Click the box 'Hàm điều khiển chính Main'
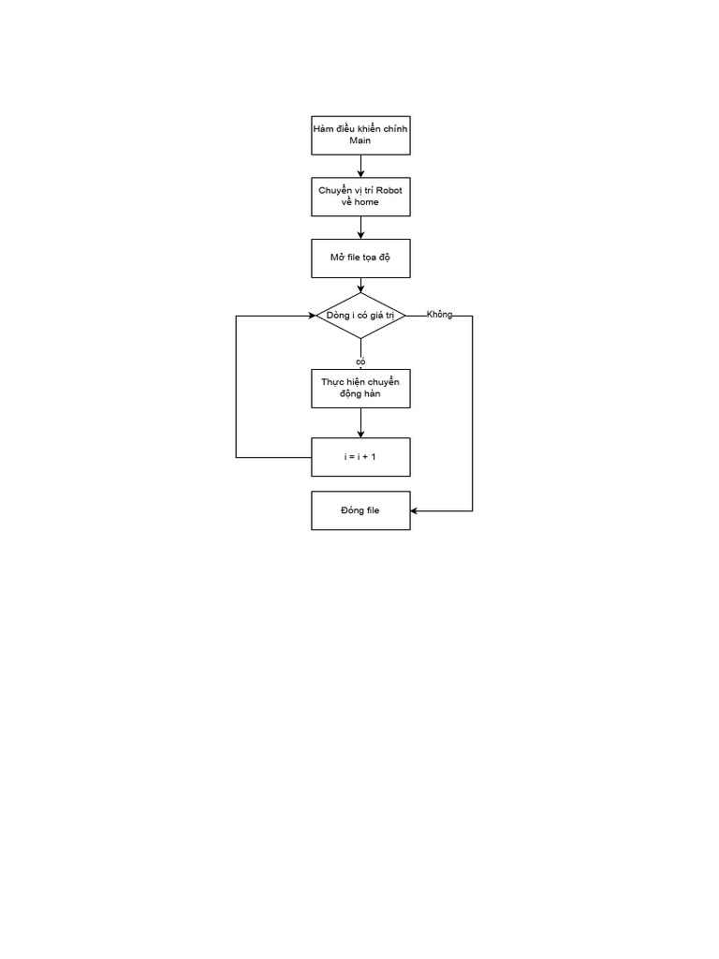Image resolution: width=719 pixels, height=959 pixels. point(360,135)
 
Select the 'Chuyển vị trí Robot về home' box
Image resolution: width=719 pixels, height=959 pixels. point(360,196)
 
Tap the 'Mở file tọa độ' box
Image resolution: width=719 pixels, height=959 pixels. point(360,258)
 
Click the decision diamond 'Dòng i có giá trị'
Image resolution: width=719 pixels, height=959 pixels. point(360,316)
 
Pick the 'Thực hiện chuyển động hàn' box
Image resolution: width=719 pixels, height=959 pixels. point(360,389)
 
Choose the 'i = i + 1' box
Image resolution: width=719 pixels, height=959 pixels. point(360,457)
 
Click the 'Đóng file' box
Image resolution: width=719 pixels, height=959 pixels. point(360,510)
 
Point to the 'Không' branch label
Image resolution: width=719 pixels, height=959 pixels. point(439,315)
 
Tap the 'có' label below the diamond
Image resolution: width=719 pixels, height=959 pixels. point(360,361)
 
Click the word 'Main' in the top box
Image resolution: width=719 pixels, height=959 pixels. point(360,141)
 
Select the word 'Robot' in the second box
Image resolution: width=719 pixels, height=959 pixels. point(388,190)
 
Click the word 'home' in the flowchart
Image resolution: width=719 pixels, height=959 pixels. point(366,202)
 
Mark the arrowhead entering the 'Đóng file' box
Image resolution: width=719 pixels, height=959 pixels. point(415,511)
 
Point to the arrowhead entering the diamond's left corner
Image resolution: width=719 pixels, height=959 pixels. point(312,316)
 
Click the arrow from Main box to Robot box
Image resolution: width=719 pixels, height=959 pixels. point(360,166)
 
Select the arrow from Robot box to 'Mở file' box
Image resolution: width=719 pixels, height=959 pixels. point(360,228)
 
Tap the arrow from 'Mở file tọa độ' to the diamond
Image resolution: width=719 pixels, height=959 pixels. point(360,285)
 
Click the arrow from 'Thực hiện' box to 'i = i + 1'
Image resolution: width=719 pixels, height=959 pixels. point(360,422)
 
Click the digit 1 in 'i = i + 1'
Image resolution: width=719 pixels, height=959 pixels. point(374,457)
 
